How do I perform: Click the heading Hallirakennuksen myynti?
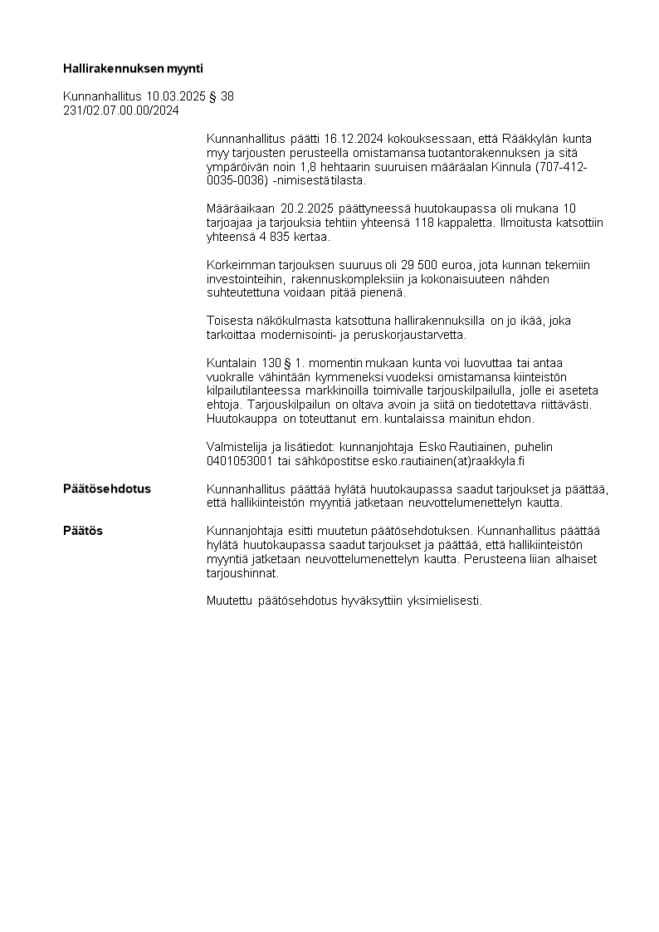pyautogui.click(x=133, y=68)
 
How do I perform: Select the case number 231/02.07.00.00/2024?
pyautogui.click(x=121, y=110)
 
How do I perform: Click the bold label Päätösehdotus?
pyautogui.click(x=107, y=488)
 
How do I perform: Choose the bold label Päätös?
pyautogui.click(x=83, y=531)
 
